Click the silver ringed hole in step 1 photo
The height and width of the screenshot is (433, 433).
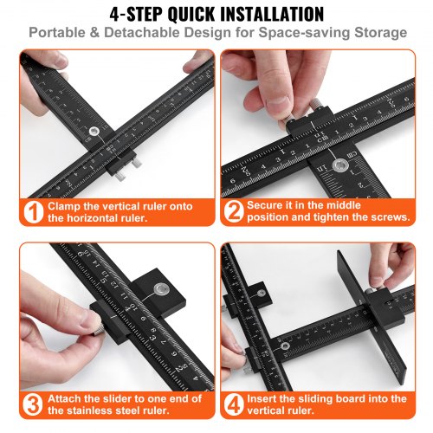tap(94, 133)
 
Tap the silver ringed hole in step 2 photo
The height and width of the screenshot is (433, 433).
tap(344, 161)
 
